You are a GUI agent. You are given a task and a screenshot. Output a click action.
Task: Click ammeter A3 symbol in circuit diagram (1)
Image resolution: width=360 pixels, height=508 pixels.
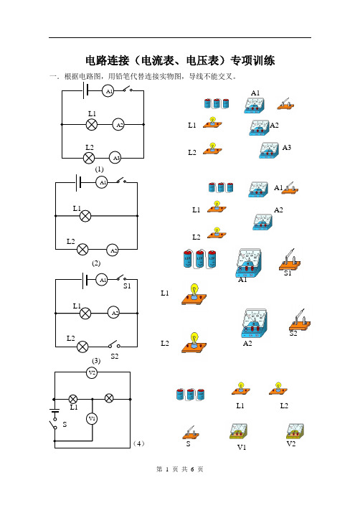(x=115, y=158)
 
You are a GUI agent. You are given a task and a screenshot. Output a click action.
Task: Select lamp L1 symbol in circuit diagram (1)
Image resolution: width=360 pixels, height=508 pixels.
(x=92, y=124)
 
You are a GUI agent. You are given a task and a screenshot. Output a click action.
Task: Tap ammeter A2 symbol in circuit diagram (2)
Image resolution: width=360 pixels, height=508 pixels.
(x=113, y=250)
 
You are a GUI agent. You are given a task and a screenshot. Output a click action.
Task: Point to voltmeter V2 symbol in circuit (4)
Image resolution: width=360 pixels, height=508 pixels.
(x=92, y=373)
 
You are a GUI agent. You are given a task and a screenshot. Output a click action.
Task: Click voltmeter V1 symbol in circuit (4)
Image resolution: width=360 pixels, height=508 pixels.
(x=92, y=418)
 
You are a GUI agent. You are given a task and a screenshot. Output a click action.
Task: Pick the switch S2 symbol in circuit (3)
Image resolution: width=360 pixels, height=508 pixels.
(x=114, y=344)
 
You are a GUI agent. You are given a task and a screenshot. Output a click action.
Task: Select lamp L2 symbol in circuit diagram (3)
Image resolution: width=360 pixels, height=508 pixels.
(x=82, y=347)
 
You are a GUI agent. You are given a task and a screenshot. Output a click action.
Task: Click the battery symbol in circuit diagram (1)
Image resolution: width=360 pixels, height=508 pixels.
(x=85, y=90)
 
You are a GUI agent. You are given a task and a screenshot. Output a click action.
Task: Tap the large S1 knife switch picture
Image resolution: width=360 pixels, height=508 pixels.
(x=290, y=260)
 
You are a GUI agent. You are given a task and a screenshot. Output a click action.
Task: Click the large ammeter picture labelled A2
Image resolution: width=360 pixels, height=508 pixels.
(x=255, y=324)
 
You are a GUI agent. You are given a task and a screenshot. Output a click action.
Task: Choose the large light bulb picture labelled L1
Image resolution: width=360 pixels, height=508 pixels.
(x=194, y=294)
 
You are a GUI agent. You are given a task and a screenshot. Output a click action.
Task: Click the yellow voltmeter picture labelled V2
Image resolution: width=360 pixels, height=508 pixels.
(x=295, y=431)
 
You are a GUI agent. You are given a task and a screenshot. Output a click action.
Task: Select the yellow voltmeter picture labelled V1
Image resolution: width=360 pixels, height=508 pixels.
(x=238, y=431)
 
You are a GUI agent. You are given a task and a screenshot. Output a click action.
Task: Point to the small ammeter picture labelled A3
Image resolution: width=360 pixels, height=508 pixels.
(x=269, y=150)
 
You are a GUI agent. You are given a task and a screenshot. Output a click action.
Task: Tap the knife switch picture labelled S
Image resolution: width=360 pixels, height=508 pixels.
(x=191, y=433)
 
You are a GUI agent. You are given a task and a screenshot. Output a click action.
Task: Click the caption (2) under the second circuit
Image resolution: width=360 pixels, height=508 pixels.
(x=96, y=263)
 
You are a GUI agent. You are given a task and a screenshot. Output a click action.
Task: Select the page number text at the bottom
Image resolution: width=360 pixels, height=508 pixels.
(x=180, y=469)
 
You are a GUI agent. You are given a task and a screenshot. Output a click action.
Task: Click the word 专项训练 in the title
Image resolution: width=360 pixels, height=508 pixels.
(x=252, y=60)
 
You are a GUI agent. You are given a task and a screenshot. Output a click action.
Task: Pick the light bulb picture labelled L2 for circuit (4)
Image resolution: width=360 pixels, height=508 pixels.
(x=278, y=388)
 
